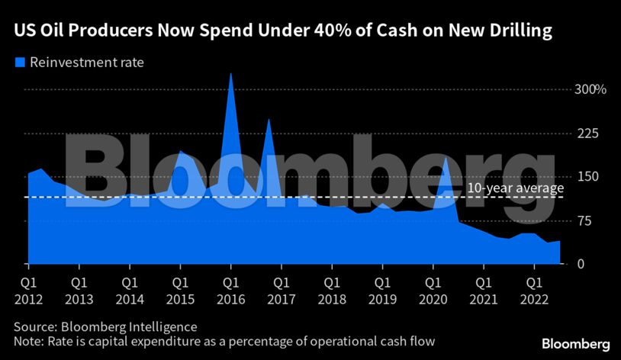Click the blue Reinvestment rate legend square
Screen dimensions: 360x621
tap(20, 62)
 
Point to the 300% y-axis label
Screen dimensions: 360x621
tap(590, 89)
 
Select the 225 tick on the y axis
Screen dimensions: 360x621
tap(585, 133)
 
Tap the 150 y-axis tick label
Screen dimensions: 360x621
tap(585, 177)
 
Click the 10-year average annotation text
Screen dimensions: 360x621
tap(515, 188)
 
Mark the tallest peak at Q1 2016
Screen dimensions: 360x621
tap(230, 74)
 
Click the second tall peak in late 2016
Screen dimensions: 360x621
tap(269, 120)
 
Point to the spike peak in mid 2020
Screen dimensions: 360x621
tap(446, 158)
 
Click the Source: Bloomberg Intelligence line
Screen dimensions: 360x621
tap(105, 326)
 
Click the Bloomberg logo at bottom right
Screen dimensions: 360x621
tap(575, 343)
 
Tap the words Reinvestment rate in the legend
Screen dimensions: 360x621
tap(86, 62)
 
